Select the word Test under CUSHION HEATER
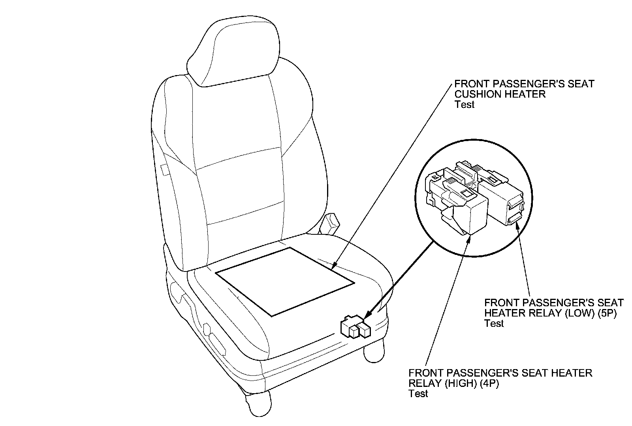pyautogui.click(x=464, y=105)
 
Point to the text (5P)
pyautogui.click(x=607, y=313)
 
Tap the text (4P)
pyautogui.click(x=488, y=383)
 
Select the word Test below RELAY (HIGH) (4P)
pyautogui.click(x=418, y=394)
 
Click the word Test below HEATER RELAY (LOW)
pyautogui.click(x=494, y=323)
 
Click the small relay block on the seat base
pyautogui.click(x=355, y=328)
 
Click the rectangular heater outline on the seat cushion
pyautogui.click(x=284, y=281)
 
